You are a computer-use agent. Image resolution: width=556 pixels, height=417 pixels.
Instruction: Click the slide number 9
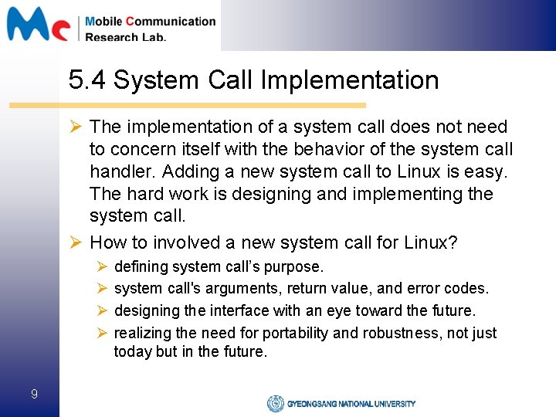tap(34, 395)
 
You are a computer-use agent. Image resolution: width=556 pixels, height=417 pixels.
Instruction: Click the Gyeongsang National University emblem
tap(275, 403)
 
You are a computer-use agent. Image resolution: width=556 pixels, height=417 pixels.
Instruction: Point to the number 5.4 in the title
tap(87, 80)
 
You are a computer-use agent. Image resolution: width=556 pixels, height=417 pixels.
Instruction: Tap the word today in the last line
tap(131, 352)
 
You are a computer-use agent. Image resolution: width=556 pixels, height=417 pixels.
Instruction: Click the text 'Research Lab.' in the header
tap(126, 36)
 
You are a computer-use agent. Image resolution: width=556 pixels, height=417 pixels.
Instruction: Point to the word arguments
tap(251, 288)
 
